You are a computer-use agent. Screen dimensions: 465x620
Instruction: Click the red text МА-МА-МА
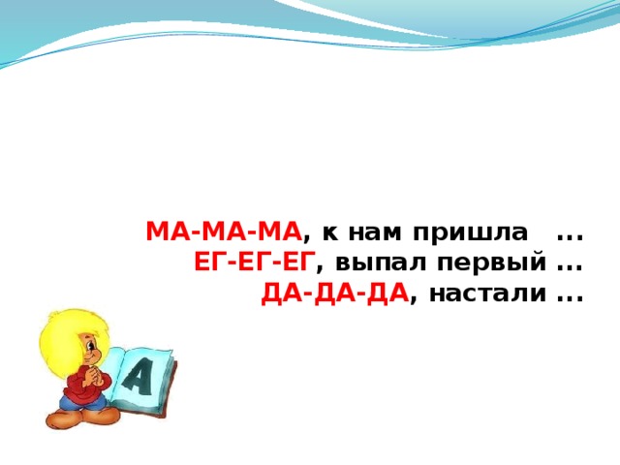point(224,233)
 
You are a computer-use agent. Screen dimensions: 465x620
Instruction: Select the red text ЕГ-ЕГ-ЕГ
point(254,263)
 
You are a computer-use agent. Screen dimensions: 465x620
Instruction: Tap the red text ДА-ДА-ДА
point(334,292)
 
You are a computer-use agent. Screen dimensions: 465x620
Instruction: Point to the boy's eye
point(86,344)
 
